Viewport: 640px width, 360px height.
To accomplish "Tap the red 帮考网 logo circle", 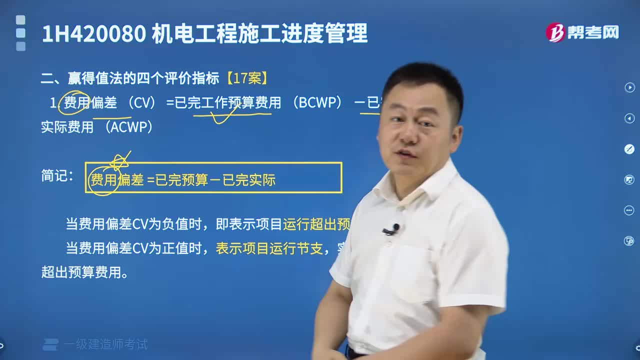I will coord(555,32).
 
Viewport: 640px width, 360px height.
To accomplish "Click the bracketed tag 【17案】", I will coord(247,78).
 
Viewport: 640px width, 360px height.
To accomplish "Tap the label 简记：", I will coord(57,175).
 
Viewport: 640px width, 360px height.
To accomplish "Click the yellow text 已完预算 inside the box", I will coord(182,180).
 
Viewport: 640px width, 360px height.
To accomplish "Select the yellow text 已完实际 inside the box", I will coord(249,180).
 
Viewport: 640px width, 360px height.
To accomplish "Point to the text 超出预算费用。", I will coord(84,273).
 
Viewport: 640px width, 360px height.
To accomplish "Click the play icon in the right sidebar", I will coord(629,87).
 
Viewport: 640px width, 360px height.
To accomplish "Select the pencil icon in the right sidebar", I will coord(629,148).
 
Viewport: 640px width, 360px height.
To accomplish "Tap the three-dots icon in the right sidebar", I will coord(629,210).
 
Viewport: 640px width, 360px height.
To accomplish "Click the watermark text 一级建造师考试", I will coord(105,344).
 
